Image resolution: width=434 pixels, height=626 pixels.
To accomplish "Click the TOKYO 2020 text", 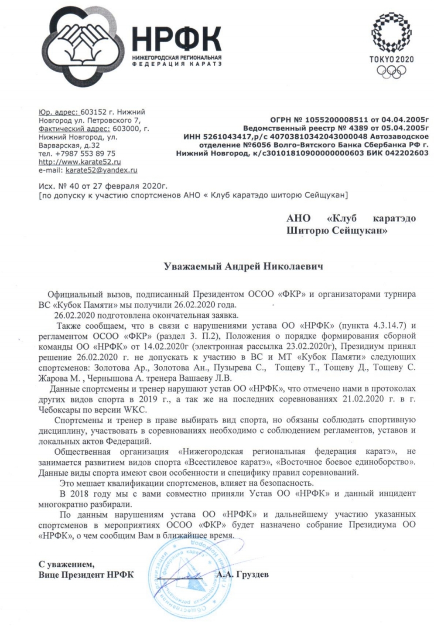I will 391,59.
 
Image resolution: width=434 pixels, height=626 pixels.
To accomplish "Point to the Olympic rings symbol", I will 391,72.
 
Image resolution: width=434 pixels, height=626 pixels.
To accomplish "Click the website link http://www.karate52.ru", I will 79,162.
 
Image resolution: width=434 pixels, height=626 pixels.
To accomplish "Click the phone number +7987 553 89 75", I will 84,153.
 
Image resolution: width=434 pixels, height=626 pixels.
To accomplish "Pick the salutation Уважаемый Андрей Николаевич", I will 243,266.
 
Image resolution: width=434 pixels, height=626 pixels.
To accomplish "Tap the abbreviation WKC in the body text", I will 137,409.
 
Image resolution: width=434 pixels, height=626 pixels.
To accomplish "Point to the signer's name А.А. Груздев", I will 243,574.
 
